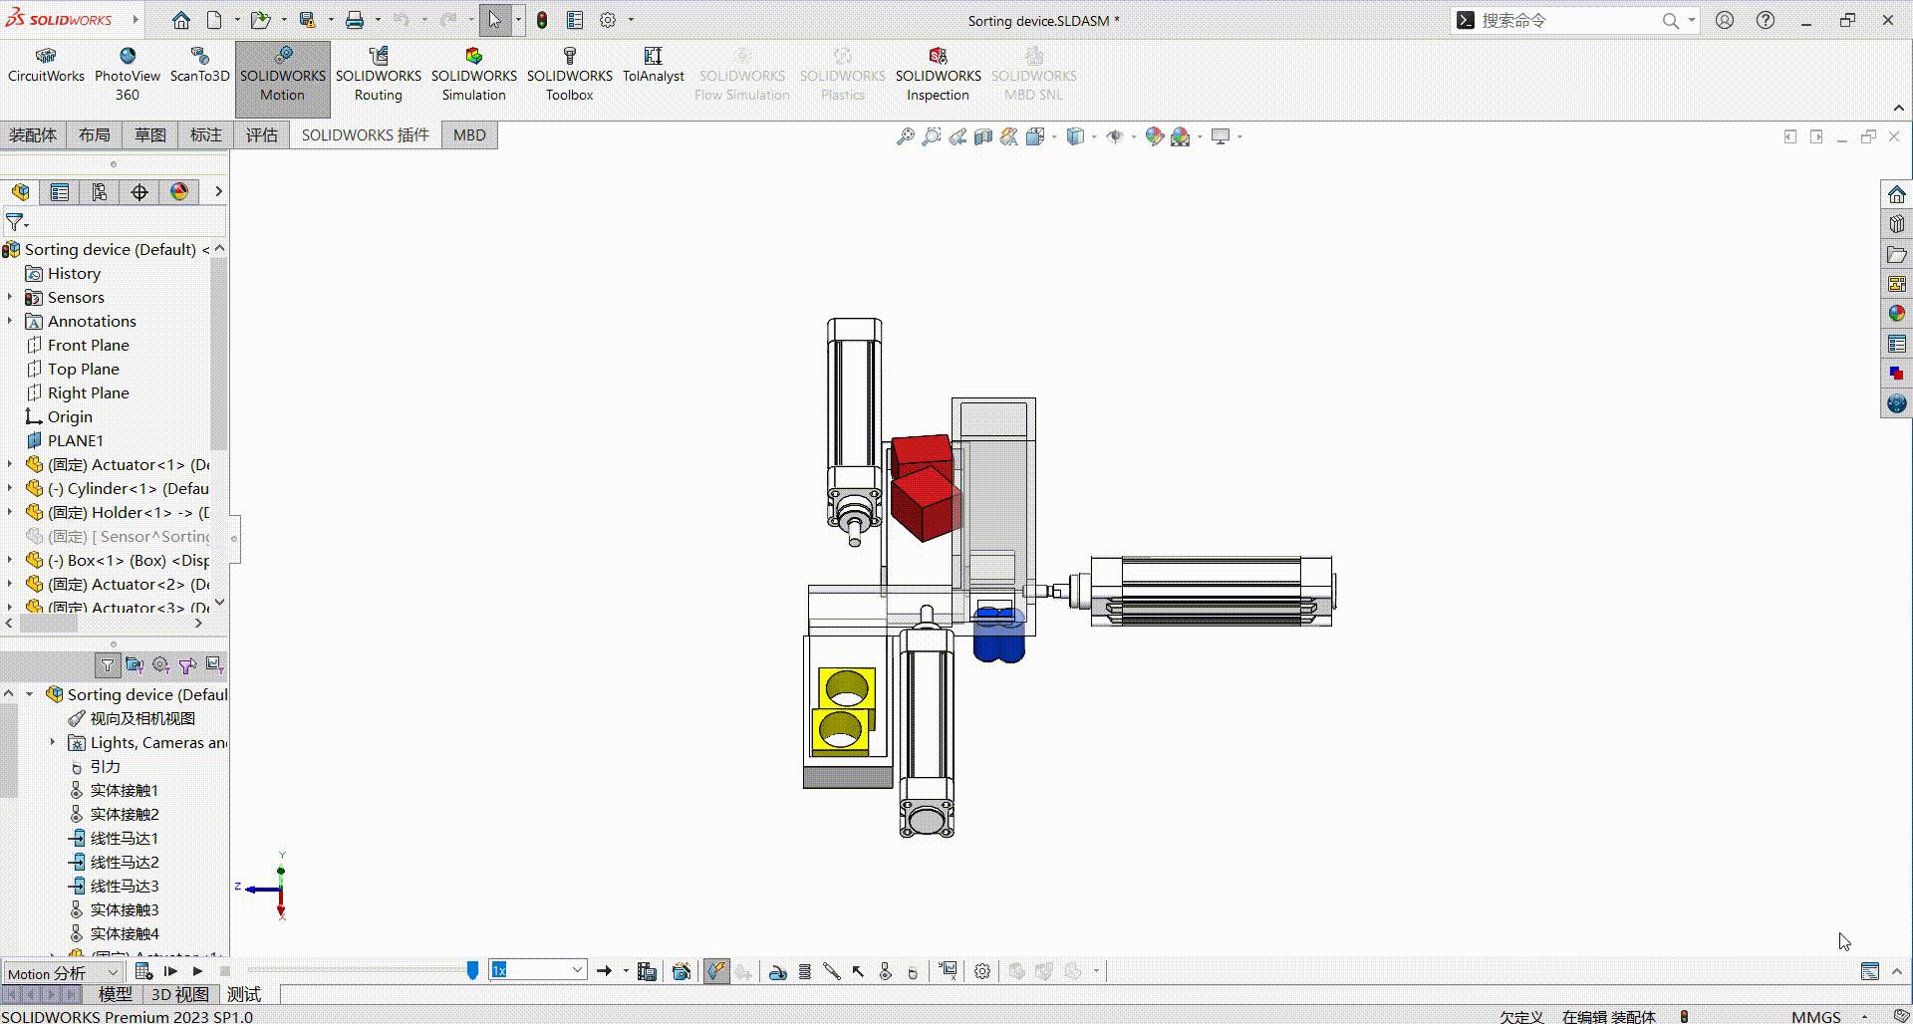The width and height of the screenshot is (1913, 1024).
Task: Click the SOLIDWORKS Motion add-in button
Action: [282, 76]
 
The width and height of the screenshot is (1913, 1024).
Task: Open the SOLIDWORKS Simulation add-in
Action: [473, 76]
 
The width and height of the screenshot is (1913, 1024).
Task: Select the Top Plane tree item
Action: [83, 369]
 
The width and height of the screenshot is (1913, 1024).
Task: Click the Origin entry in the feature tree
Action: [70, 416]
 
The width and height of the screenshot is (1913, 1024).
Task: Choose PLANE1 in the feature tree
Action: [75, 440]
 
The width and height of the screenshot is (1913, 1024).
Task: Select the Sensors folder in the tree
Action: [76, 297]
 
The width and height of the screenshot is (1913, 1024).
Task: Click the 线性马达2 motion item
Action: [124, 862]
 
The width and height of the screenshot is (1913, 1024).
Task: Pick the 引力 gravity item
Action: [105, 766]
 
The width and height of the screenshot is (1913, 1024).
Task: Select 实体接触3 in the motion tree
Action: [124, 909]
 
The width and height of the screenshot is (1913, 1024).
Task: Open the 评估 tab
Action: [262, 135]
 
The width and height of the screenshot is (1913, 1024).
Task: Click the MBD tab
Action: [469, 135]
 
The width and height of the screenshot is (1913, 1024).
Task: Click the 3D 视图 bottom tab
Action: [179, 994]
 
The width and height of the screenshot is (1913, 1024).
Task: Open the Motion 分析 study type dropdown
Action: [63, 973]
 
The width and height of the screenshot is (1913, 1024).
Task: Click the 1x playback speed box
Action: [536, 970]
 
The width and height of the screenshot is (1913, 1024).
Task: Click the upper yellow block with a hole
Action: [847, 687]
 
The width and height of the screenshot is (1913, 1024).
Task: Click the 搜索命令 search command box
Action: [1564, 20]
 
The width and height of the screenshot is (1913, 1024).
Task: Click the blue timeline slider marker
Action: [472, 970]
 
